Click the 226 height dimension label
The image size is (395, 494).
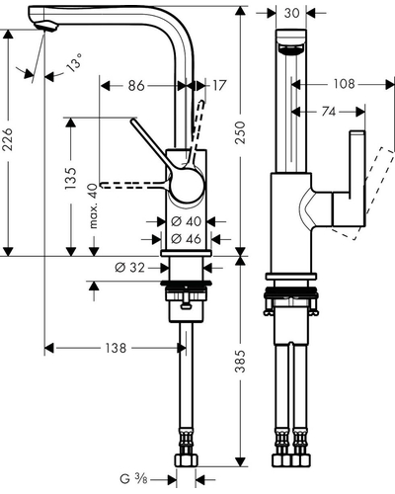(8, 139)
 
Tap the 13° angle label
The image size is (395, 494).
(75, 62)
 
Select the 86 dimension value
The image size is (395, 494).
(136, 86)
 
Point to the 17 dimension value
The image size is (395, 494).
(219, 85)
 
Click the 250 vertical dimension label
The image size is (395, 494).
(241, 132)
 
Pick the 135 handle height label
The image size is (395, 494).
(71, 178)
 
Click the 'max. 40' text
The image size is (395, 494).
(94, 206)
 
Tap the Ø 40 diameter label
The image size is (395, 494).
(187, 221)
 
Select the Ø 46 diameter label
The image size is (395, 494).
(187, 239)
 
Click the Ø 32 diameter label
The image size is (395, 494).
(130, 268)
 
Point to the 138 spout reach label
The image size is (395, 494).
(116, 348)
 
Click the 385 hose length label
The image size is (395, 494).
(241, 362)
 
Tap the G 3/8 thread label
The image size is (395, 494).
(133, 479)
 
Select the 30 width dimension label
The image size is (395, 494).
(291, 13)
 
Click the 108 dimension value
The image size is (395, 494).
(345, 84)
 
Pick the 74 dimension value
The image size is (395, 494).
(328, 112)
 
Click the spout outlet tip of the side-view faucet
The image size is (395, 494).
(46, 28)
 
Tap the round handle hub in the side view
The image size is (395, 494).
(187, 185)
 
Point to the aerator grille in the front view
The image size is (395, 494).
(291, 48)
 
